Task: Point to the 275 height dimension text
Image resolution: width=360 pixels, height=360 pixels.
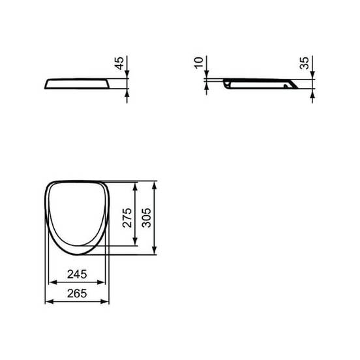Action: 128,217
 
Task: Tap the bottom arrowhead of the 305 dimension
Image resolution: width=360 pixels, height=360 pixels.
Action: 154,250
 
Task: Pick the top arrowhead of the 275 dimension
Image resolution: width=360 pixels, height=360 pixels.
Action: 135,185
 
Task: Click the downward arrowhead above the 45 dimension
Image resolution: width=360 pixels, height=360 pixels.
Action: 127,76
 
